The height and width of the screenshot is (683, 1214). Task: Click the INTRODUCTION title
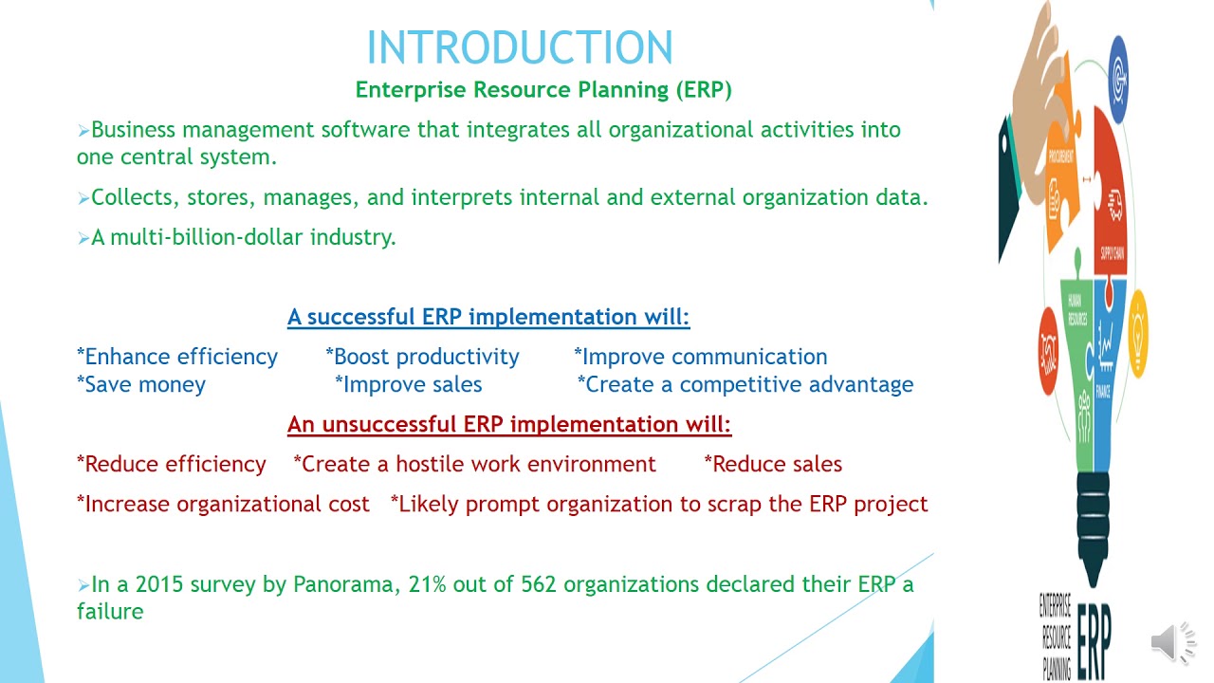pyautogui.click(x=520, y=47)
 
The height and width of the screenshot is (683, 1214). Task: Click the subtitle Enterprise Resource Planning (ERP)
pyautogui.click(x=543, y=90)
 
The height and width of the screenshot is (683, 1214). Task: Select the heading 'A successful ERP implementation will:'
pyautogui.click(x=488, y=317)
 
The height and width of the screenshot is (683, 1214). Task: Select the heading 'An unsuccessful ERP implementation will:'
pyautogui.click(x=509, y=424)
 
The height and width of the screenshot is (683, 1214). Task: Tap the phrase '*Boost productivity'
pyautogui.click(x=422, y=357)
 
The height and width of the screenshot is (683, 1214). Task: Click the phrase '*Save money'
pyautogui.click(x=141, y=384)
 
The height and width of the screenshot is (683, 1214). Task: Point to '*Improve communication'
pyautogui.click(x=700, y=357)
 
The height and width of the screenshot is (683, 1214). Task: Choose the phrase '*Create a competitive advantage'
pyautogui.click(x=745, y=384)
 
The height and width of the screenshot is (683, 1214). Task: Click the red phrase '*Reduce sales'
pyautogui.click(x=773, y=464)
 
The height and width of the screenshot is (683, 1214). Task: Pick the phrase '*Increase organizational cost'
pyautogui.click(x=223, y=504)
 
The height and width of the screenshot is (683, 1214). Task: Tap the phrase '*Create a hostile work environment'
pyautogui.click(x=474, y=464)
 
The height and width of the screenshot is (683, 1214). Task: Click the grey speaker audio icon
pyautogui.click(x=1174, y=642)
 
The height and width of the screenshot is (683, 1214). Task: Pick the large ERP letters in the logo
pyautogui.click(x=1094, y=645)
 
